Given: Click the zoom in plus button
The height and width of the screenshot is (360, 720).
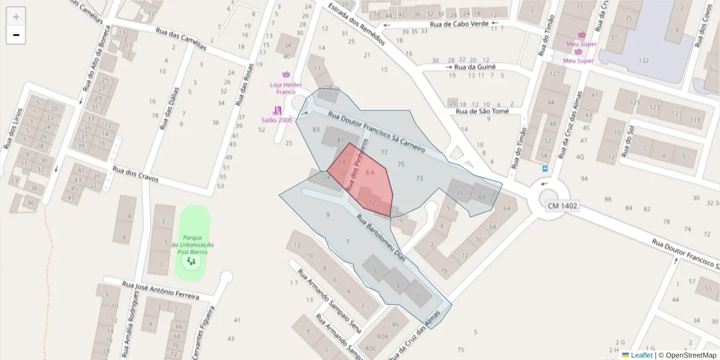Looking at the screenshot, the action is tap(16, 17).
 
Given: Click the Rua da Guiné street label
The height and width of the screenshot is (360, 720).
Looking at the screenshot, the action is tap(475, 67).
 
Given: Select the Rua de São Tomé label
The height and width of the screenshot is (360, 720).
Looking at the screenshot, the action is tap(482, 111).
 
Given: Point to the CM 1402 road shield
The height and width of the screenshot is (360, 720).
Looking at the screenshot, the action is tap(562, 206).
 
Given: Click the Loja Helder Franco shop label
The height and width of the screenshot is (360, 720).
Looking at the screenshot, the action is tap(286, 88).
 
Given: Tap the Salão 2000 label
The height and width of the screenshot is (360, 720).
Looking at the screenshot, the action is tap(276, 119).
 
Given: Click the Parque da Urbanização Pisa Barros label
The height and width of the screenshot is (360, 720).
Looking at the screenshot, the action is tap(192, 245).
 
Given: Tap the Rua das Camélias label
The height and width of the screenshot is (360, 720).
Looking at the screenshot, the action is tap(181, 40).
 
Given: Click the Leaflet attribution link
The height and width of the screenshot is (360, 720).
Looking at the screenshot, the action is tap(641, 355).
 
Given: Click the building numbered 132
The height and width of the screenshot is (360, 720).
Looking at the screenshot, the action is tap(644, 61).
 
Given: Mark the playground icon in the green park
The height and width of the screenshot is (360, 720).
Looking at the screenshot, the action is tap(191, 262).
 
